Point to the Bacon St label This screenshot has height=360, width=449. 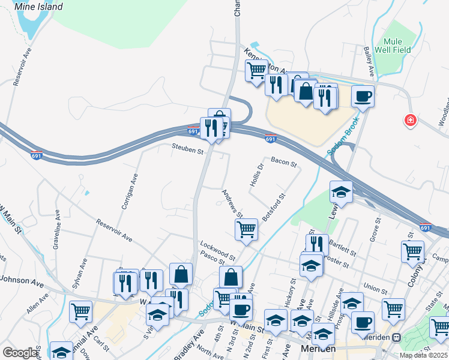point(284,162)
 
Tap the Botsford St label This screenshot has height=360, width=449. point(273,205)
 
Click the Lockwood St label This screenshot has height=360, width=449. point(218,248)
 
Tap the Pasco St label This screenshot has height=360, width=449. point(212,258)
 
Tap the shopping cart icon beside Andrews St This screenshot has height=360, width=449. point(246,229)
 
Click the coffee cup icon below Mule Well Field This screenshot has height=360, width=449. point(363,96)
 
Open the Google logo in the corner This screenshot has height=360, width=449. point(20,353)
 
